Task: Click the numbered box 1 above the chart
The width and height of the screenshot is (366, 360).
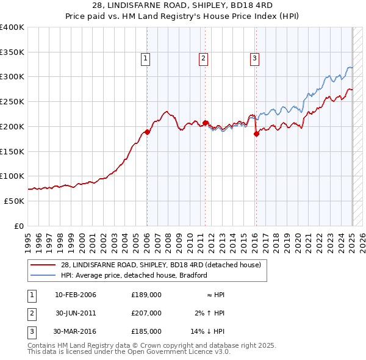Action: (146, 59)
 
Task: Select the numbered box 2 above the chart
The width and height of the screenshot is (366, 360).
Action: (203, 59)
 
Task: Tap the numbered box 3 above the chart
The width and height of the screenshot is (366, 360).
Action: (254, 59)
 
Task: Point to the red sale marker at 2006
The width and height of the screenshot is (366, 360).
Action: (147, 132)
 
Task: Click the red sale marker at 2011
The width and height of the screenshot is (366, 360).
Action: (206, 123)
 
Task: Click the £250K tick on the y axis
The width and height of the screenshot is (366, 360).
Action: (12, 101)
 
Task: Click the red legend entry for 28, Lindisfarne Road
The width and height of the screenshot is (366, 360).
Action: (161, 265)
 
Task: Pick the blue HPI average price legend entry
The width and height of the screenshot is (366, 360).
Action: (134, 275)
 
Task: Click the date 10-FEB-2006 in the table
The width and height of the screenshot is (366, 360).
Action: (76, 295)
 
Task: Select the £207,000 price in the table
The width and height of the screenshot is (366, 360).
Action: (146, 313)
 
